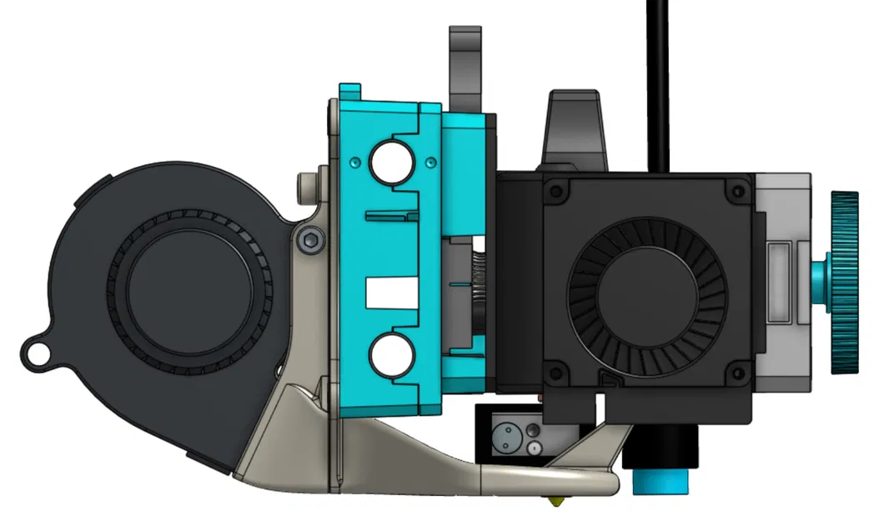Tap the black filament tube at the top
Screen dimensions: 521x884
[x=659, y=83]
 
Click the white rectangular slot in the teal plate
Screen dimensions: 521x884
[x=390, y=290]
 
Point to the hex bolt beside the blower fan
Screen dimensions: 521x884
[x=312, y=241]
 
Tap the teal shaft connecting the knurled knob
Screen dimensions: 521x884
[x=819, y=282]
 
